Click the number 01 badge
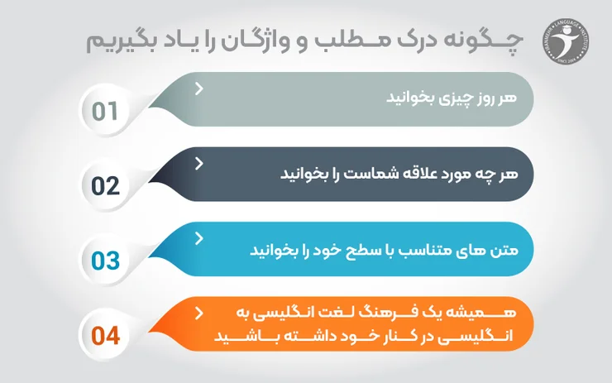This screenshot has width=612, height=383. [x=105, y=111]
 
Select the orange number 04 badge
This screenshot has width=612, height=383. [x=105, y=336]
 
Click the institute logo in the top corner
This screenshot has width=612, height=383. [x=565, y=39]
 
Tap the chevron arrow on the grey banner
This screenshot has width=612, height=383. [x=199, y=88]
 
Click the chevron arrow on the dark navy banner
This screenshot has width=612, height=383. [x=199, y=163]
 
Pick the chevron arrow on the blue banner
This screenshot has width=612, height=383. [x=199, y=238]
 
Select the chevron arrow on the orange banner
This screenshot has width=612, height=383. [x=199, y=314]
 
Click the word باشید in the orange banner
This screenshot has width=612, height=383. [x=248, y=338]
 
